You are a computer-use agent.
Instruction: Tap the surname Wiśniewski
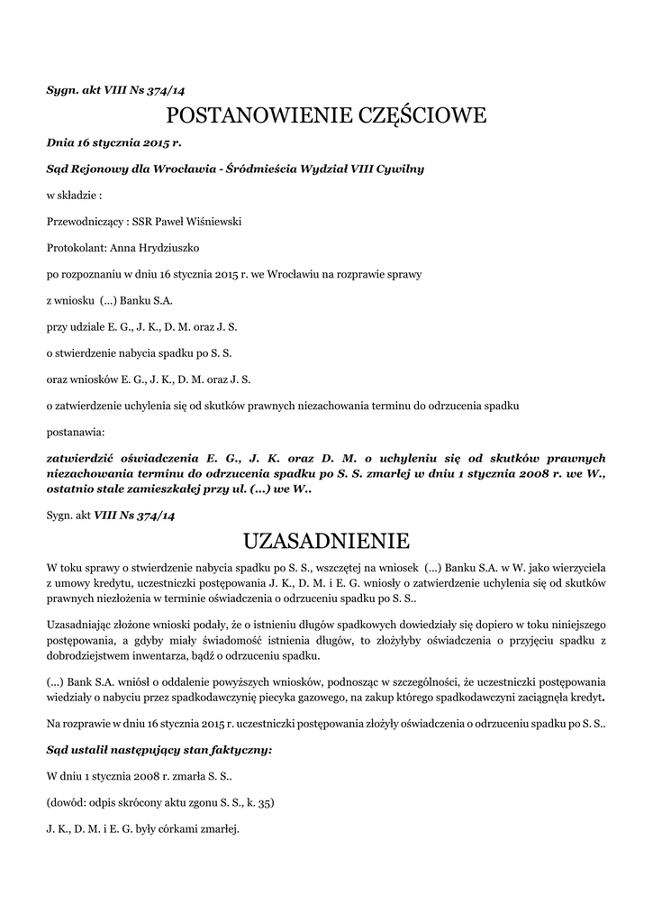tap(211, 221)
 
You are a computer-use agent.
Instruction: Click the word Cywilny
tap(394, 169)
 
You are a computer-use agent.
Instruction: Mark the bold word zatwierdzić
tap(86, 458)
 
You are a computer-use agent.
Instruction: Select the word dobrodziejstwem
tap(93, 654)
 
